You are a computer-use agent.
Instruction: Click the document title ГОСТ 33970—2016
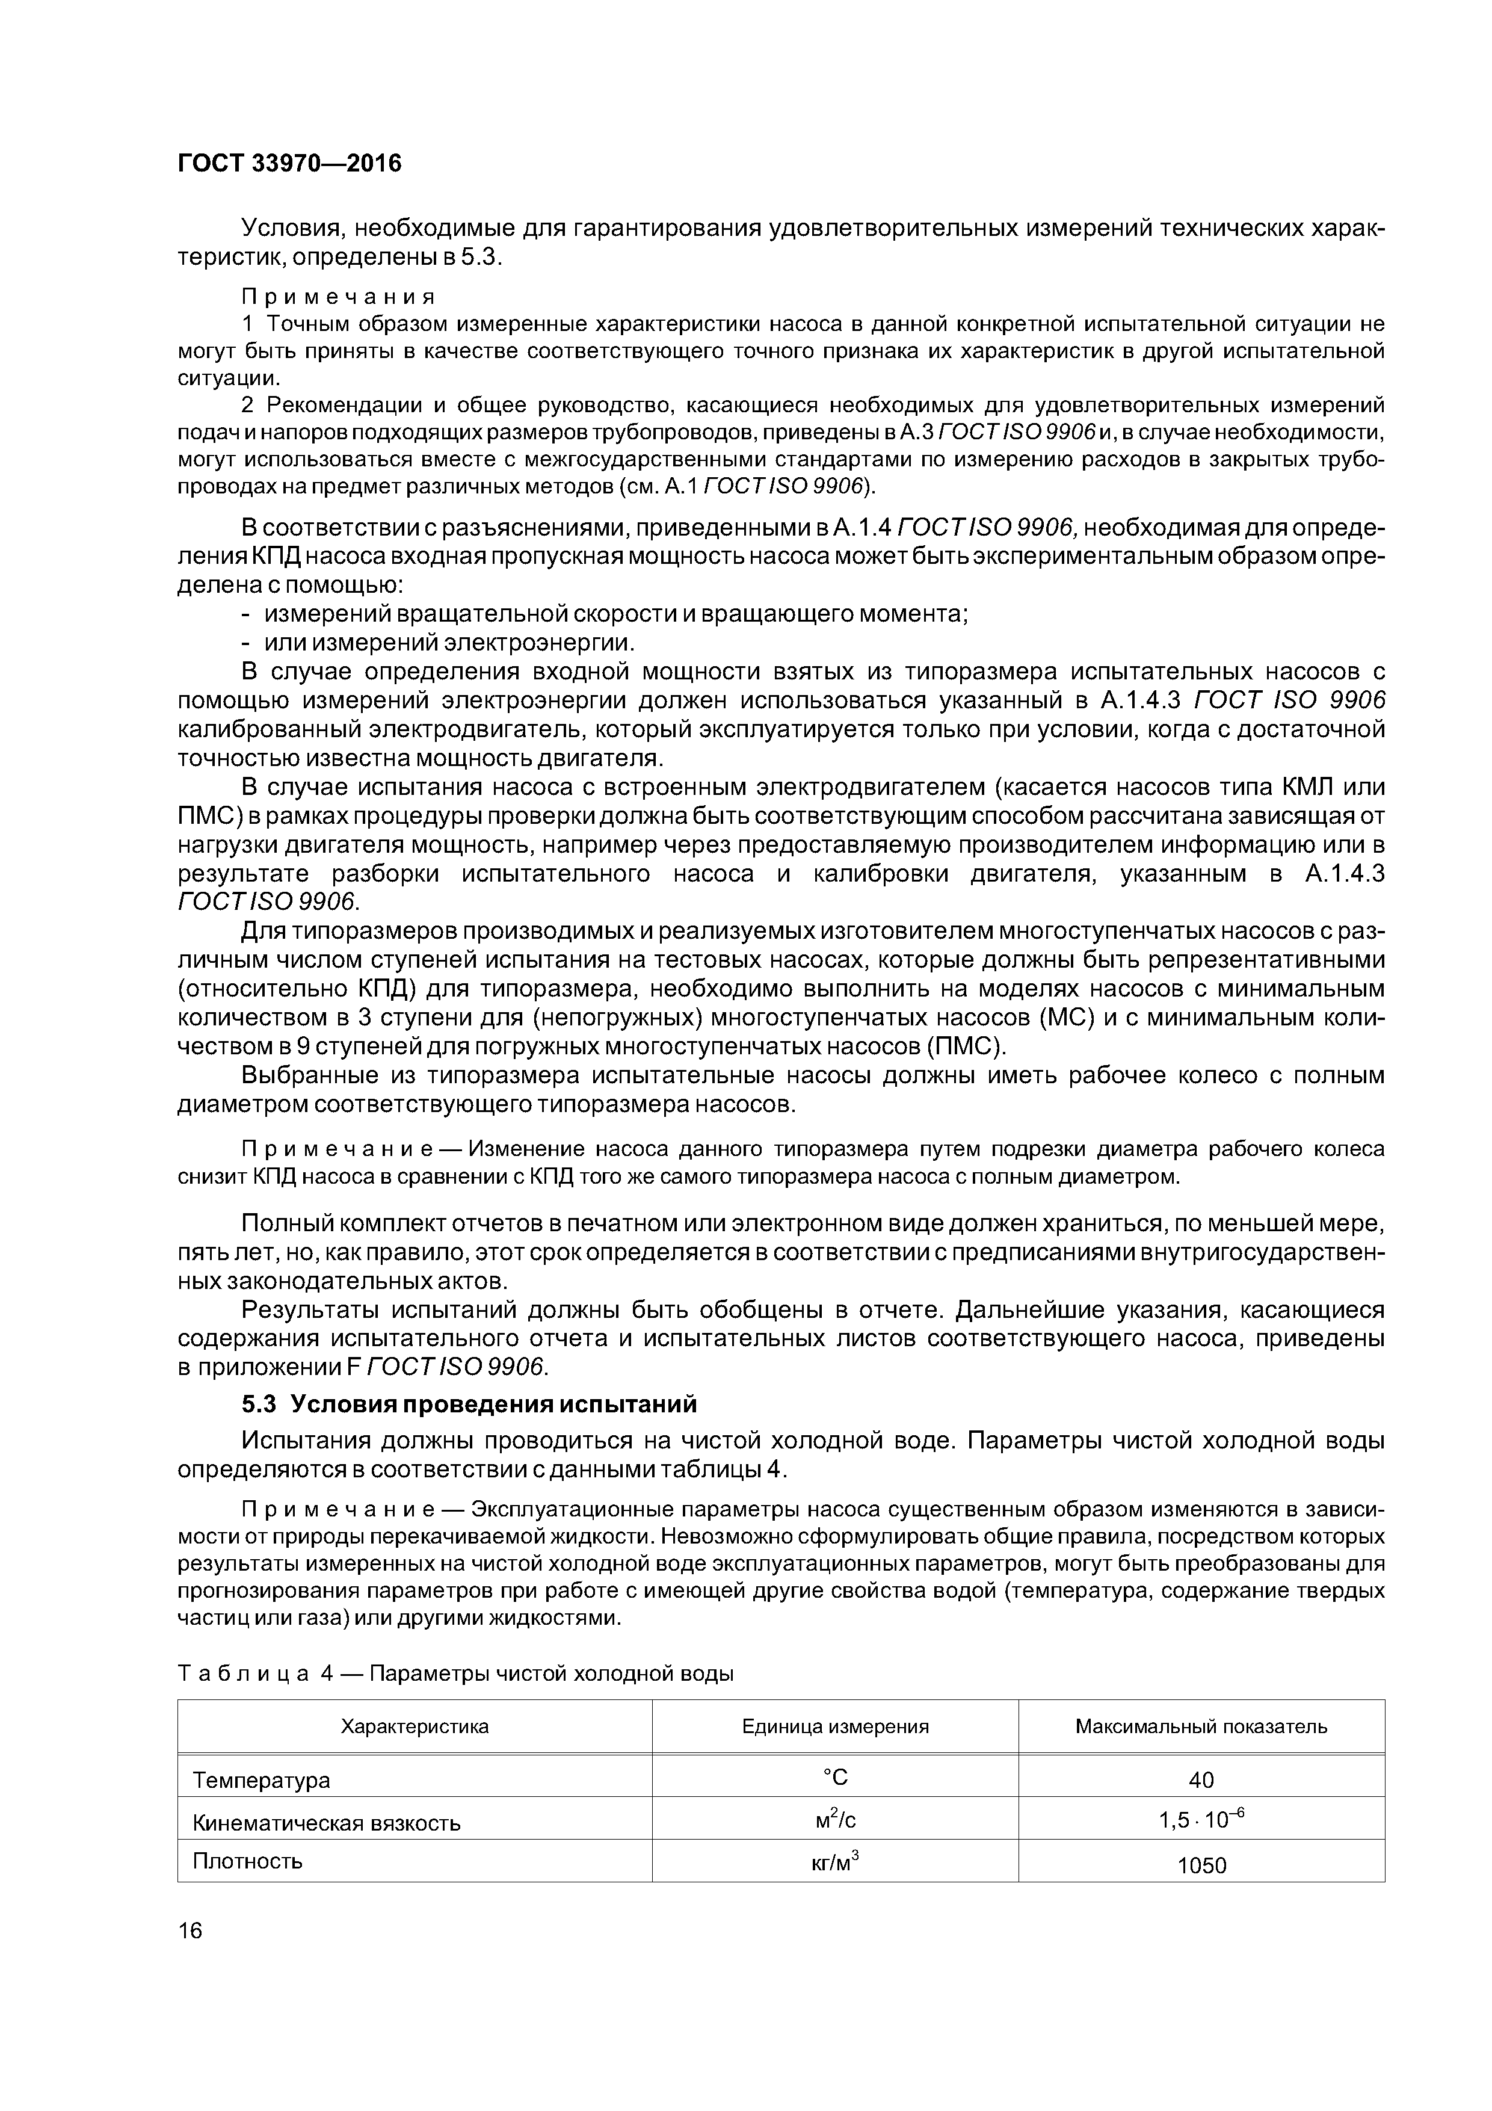[x=289, y=164]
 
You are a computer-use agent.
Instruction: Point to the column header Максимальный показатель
[x=1201, y=1726]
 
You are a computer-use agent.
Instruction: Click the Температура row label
[x=261, y=1780]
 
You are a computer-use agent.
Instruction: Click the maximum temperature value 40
[x=1201, y=1780]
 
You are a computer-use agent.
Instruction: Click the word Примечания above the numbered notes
[x=338, y=297]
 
